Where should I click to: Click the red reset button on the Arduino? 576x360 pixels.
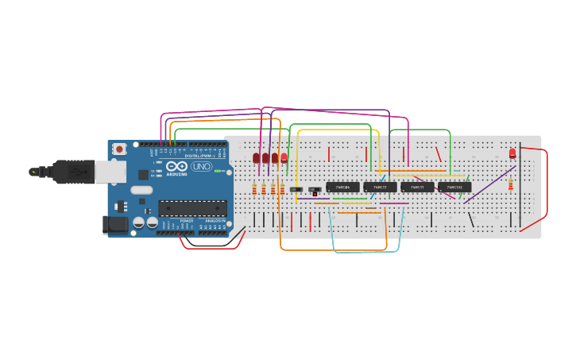coord(119,149)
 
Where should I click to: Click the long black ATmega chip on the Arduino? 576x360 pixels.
coord(192,208)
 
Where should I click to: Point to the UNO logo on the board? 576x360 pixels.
coord(201,167)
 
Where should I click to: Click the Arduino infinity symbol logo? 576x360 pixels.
coord(176,166)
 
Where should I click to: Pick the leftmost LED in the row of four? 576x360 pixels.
coord(256,158)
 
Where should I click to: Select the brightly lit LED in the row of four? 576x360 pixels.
coord(284,157)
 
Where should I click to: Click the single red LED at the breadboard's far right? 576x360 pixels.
coord(512,153)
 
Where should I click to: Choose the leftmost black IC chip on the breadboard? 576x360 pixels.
coord(342,188)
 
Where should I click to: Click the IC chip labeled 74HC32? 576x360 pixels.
coord(454,188)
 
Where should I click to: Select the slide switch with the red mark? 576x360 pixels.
coord(315,191)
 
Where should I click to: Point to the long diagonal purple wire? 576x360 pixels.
coord(489,184)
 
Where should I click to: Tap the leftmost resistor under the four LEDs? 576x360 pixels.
coord(254,188)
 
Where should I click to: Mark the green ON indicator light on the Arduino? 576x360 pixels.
coord(218,171)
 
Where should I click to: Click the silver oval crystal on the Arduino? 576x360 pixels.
coord(141,190)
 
